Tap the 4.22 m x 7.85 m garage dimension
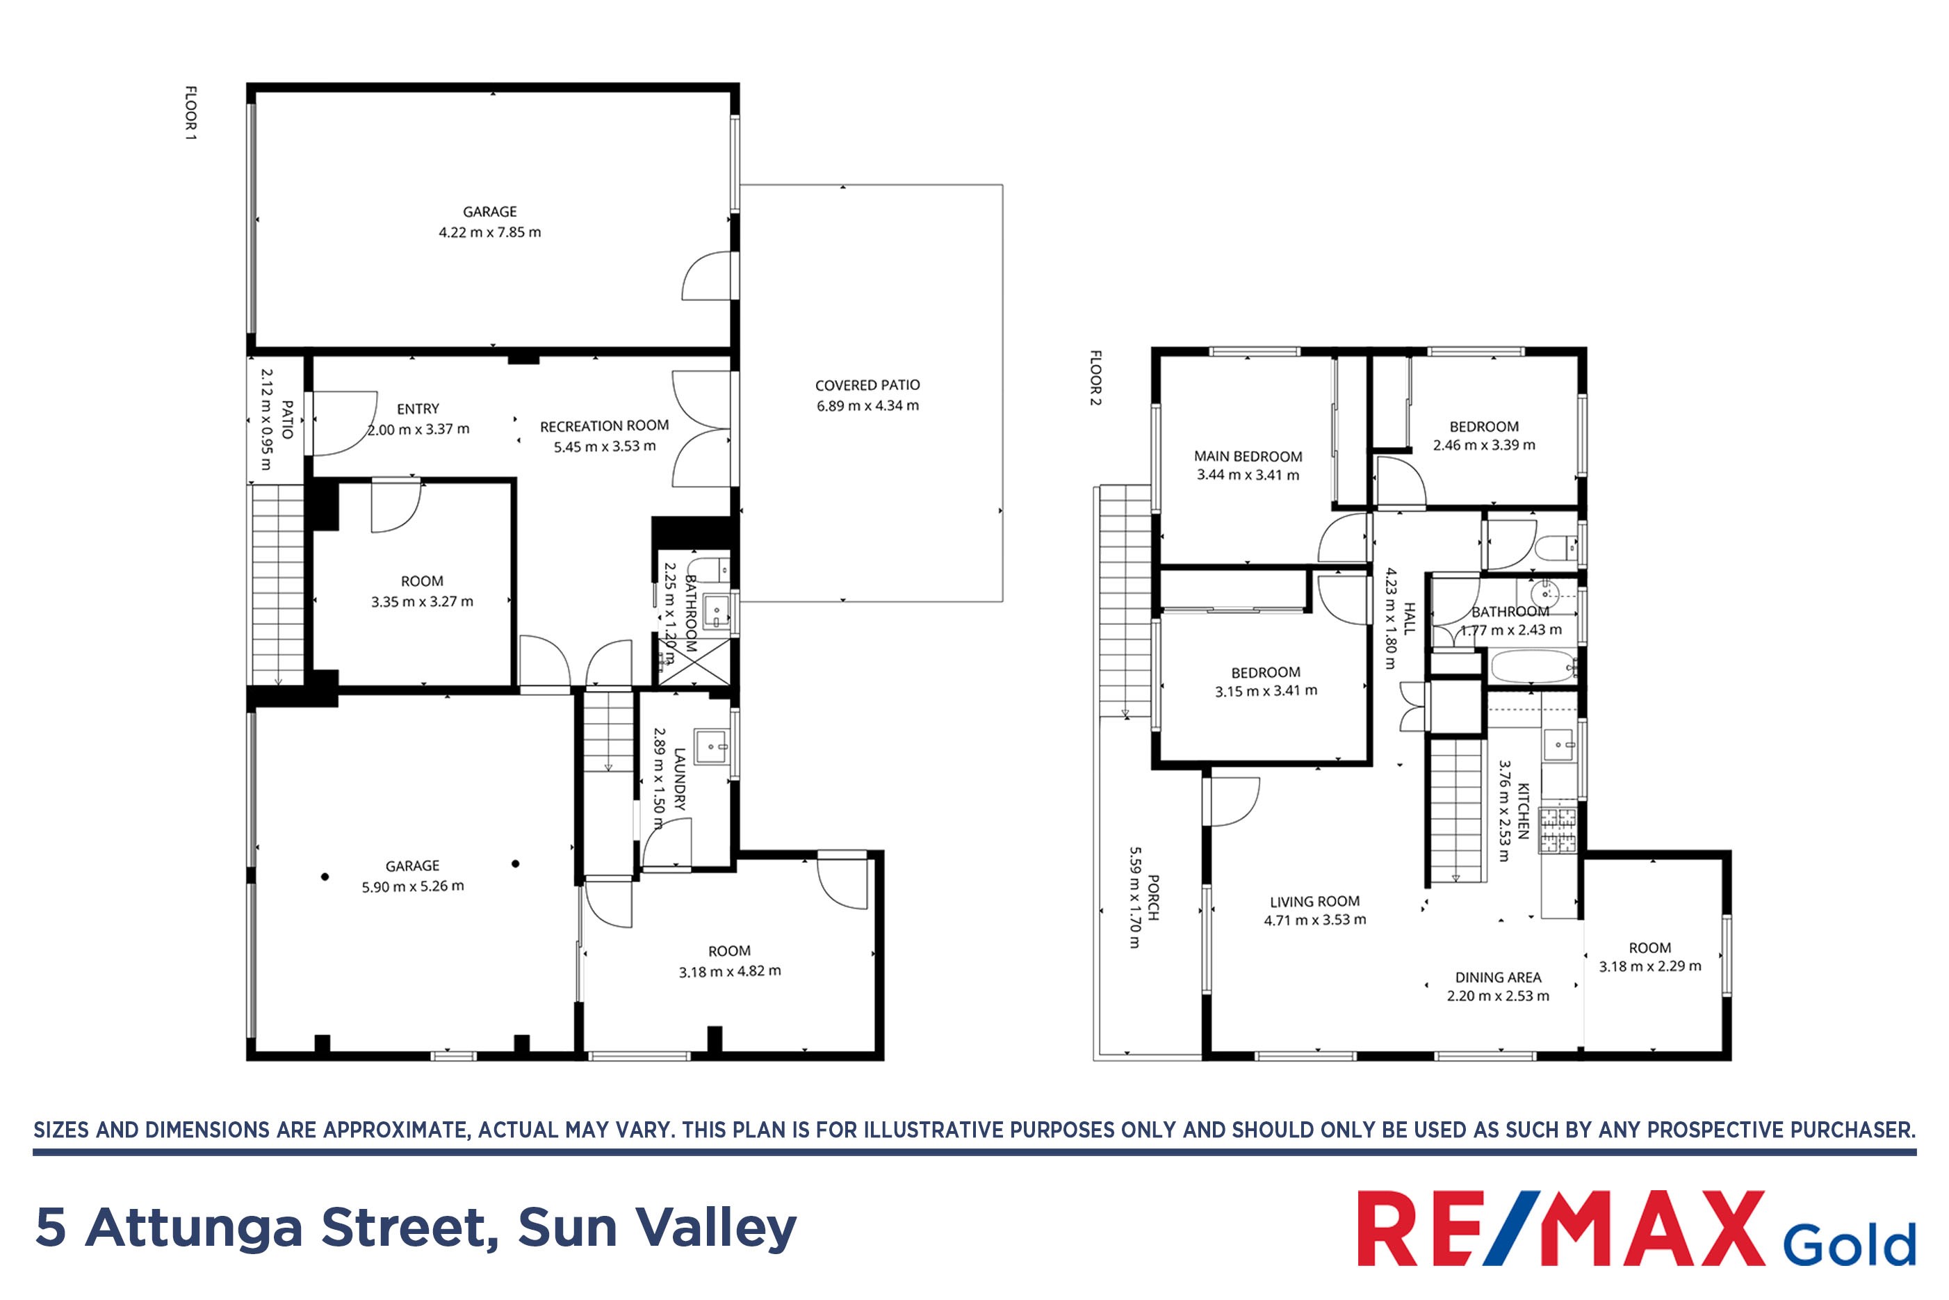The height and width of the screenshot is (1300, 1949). point(490,233)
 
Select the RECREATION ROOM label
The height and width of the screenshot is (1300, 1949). point(604,426)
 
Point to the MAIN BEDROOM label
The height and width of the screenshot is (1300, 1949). point(1248,457)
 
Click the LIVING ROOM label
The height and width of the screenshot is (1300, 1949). point(1315,901)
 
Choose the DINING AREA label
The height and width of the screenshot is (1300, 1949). point(1498,977)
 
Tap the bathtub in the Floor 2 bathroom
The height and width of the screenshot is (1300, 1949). point(1533,667)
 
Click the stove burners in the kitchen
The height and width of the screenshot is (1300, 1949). point(1558,831)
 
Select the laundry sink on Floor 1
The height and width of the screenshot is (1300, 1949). point(711,746)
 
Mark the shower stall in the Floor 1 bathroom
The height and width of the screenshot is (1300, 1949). point(694,661)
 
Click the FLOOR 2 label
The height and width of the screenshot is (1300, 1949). point(1096,378)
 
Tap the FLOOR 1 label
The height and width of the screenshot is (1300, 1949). point(190,113)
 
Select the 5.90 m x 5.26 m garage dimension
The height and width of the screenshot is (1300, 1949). point(413,886)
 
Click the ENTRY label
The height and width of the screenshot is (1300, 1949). point(418,409)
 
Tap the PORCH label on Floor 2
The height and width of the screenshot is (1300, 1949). point(1152,898)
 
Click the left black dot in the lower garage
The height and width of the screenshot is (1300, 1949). point(325,877)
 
